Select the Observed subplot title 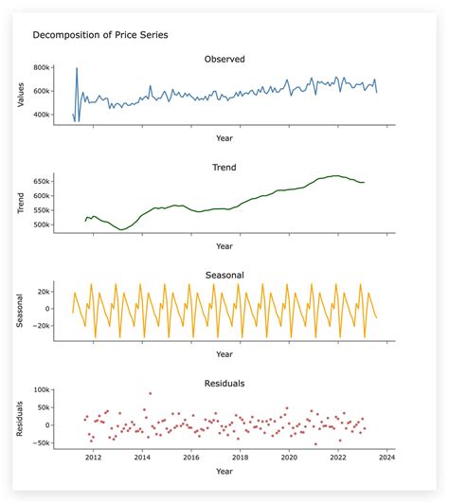click(224, 59)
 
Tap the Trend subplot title click(224, 167)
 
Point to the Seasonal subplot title click(224, 275)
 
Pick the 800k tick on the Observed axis click(41, 68)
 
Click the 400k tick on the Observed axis click(41, 115)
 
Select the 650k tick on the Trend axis click(41, 181)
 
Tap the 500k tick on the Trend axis click(41, 225)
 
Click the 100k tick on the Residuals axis click(40, 389)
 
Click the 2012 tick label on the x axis click(93, 458)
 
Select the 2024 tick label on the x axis click(386, 458)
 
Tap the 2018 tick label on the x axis click(240, 458)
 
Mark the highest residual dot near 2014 click(150, 393)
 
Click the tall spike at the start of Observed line click(77, 69)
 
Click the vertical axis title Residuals click(21, 417)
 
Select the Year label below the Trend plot click(224, 246)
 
